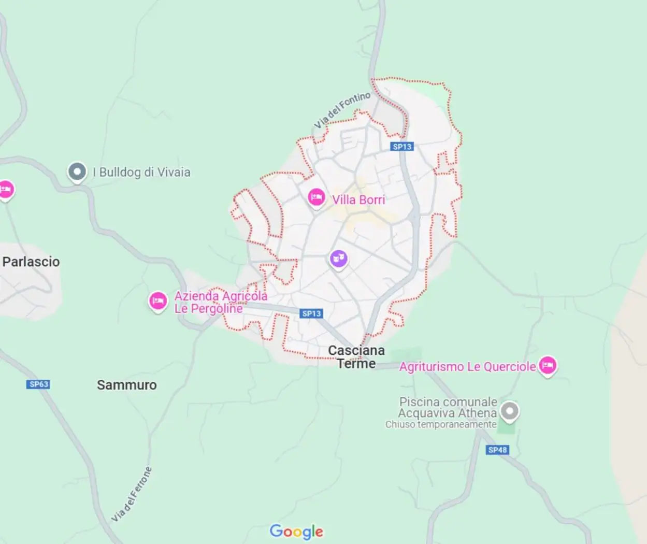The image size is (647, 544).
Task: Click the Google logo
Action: pyautogui.click(x=296, y=531)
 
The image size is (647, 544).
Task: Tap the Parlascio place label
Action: pyautogui.click(x=31, y=262)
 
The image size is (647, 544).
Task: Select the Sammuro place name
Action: pyautogui.click(x=126, y=385)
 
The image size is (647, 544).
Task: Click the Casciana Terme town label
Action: pyautogui.click(x=356, y=357)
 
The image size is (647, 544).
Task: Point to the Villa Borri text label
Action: pyautogui.click(x=358, y=199)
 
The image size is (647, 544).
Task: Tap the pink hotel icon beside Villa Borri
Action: pyautogui.click(x=316, y=197)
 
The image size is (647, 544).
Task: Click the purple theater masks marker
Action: pyautogui.click(x=338, y=259)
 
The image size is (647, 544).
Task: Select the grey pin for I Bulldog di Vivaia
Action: pyautogui.click(x=77, y=171)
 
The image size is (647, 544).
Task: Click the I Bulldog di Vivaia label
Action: pyautogui.click(x=141, y=172)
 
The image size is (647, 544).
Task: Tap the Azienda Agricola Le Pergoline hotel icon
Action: pyautogui.click(x=158, y=301)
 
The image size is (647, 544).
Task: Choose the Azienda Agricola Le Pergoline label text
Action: pyautogui.click(x=221, y=303)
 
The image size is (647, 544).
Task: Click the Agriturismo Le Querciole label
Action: pyautogui.click(x=467, y=367)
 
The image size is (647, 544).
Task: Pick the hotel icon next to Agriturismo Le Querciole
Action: pyautogui.click(x=548, y=366)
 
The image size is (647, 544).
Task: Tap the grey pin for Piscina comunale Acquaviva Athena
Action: pyautogui.click(x=510, y=412)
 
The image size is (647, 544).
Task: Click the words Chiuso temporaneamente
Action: pyautogui.click(x=441, y=424)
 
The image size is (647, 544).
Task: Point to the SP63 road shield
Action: pyautogui.click(x=39, y=384)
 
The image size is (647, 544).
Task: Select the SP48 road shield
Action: pyautogui.click(x=498, y=450)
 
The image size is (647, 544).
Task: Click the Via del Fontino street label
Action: pyautogui.click(x=342, y=110)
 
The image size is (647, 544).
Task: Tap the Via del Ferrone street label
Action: pyautogui.click(x=133, y=494)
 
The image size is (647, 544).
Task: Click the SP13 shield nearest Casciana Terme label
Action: pyautogui.click(x=311, y=313)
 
